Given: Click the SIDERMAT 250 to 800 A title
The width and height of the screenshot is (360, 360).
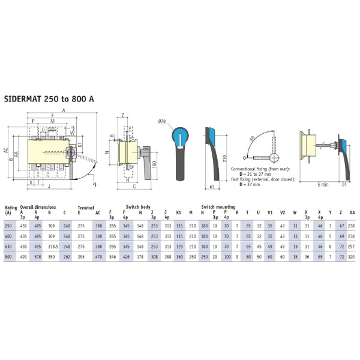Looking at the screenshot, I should click(x=49, y=98).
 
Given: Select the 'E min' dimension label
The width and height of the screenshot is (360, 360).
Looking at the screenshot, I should click(x=324, y=184).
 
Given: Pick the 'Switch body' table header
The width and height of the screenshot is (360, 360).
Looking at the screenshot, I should click(x=138, y=206).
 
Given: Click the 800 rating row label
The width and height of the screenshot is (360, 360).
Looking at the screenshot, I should click(x=8, y=256).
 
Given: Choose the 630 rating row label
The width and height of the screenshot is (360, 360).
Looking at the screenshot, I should click(x=8, y=245).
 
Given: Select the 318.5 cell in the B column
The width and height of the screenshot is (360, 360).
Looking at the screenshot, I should click(x=53, y=245).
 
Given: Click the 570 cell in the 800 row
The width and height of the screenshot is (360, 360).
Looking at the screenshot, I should click(x=37, y=256).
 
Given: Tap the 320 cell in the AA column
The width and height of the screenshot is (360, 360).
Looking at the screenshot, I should click(x=352, y=256).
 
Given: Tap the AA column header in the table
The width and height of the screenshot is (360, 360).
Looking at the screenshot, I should click(x=352, y=212).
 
